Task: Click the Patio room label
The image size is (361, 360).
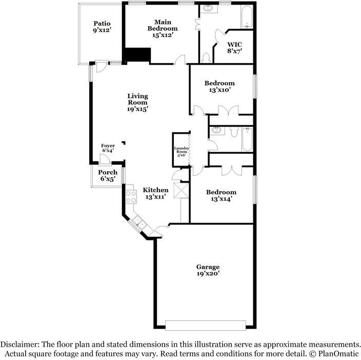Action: click(x=102, y=27)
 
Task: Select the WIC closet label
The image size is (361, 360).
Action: click(x=234, y=48)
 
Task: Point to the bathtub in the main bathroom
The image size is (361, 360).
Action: click(x=247, y=17)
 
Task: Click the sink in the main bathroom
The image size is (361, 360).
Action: click(x=209, y=8)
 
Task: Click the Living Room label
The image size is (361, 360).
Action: click(x=137, y=102)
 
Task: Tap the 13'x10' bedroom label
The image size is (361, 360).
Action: click(x=219, y=86)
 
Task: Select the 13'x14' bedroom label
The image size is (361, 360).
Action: click(x=221, y=195)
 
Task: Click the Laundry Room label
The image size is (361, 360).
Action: click(x=182, y=152)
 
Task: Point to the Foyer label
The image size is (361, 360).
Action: click(x=108, y=148)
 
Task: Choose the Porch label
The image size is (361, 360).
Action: click(x=108, y=175)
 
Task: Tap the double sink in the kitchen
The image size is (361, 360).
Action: click(x=138, y=221)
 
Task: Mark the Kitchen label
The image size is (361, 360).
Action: click(x=155, y=193)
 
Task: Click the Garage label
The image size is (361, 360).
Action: click(x=208, y=270)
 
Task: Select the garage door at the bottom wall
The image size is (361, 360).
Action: click(x=205, y=325)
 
